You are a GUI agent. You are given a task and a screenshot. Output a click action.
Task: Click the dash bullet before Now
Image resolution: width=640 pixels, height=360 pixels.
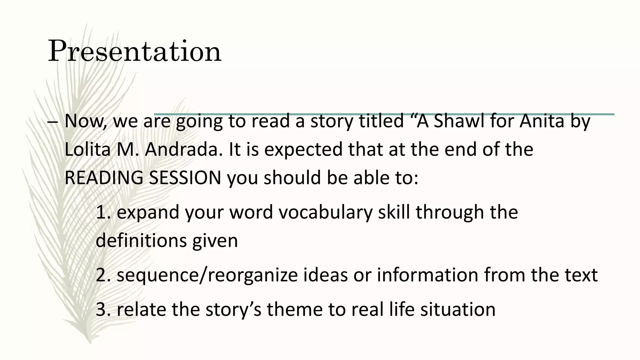point(52,122)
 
